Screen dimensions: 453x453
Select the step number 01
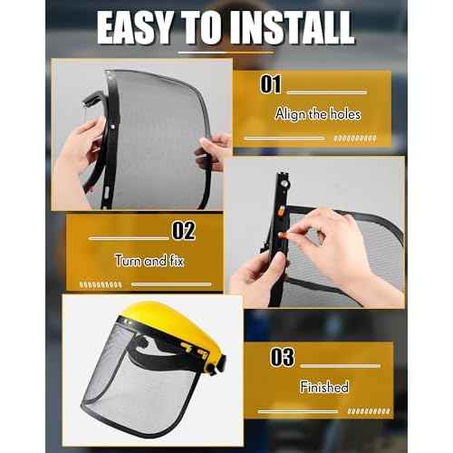pyautogui.click(x=271, y=86)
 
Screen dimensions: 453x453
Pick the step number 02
pyautogui.click(x=183, y=230)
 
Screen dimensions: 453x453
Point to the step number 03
pyautogui.click(x=282, y=357)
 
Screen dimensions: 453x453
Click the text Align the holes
pyautogui.click(x=317, y=114)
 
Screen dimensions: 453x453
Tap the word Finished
pyautogui.click(x=324, y=387)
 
